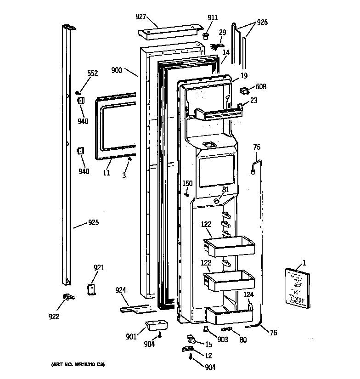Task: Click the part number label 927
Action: (141, 17)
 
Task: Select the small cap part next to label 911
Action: (206, 36)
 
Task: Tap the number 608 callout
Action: (261, 87)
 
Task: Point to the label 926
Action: (262, 22)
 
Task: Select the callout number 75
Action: (257, 147)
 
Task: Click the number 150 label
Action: (187, 184)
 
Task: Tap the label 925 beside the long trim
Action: (93, 223)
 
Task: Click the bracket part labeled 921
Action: (92, 288)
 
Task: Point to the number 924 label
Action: (120, 290)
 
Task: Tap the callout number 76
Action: (274, 333)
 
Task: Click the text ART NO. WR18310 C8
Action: (75, 365)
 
